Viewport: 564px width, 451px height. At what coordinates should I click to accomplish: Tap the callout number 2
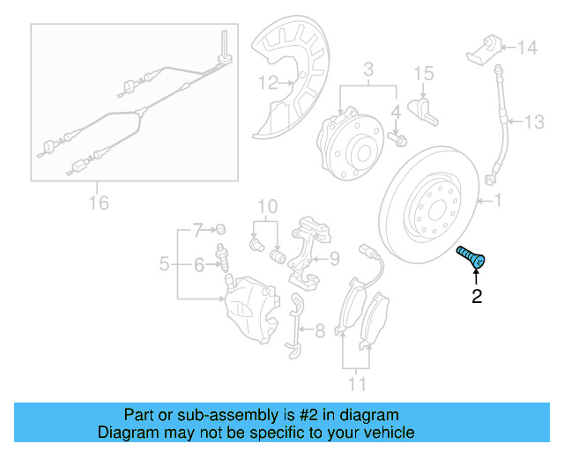tap(477, 297)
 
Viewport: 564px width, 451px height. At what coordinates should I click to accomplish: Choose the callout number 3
tap(369, 69)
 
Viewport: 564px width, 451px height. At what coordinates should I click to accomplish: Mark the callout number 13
tap(537, 121)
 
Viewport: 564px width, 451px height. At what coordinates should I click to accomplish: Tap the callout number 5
tap(164, 262)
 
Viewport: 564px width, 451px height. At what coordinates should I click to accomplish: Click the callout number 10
tap(267, 207)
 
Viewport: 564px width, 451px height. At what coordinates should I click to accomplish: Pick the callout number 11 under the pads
tap(356, 383)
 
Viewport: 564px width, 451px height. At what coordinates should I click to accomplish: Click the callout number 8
tap(318, 331)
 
